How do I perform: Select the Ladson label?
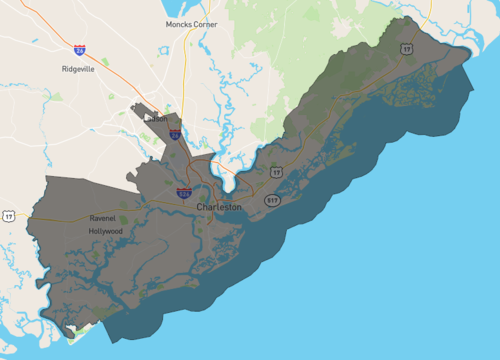coord(157,118)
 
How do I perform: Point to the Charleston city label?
coord(219,207)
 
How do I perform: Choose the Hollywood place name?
coord(105,231)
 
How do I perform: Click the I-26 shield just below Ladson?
coord(175,134)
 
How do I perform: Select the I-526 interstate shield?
coord(185,192)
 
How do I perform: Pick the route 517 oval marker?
coord(272,200)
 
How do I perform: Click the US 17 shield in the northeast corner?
coord(405,48)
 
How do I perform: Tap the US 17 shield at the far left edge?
coord(9,215)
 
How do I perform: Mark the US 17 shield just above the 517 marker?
coord(277,173)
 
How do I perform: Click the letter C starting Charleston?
coord(200,207)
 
